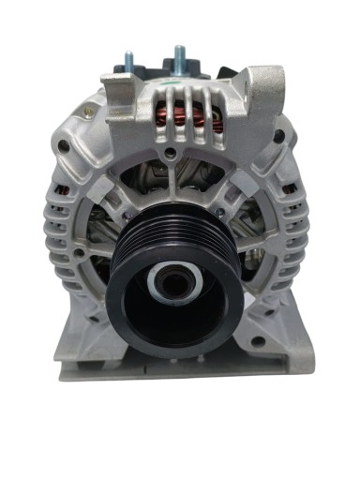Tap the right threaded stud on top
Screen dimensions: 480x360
click(177, 56)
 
